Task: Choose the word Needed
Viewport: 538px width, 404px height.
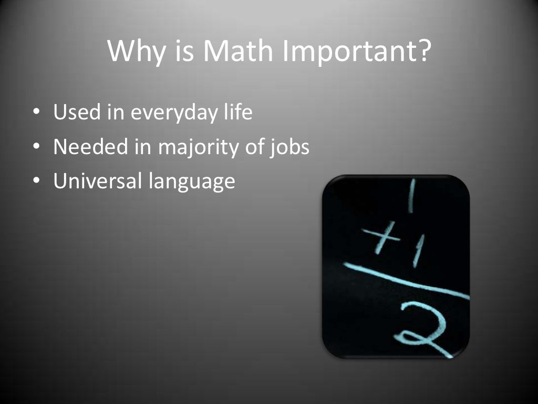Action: point(87,147)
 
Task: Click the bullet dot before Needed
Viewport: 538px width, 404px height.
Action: point(36,148)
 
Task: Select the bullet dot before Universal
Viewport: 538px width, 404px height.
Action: point(36,182)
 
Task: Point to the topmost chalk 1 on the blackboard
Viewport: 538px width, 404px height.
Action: point(411,195)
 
